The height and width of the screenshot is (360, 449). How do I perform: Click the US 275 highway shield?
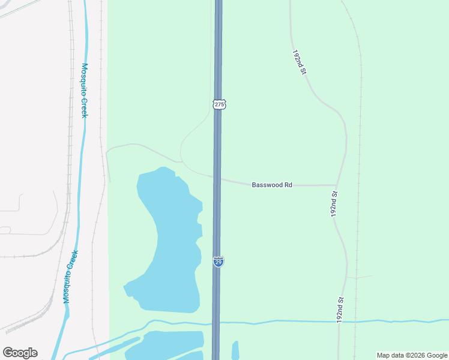219,104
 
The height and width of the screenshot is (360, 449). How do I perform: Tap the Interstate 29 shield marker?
218,262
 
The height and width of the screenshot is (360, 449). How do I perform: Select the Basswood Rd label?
271,185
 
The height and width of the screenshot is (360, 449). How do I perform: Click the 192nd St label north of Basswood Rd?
300,62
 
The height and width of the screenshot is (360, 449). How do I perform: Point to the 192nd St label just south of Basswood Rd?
335,204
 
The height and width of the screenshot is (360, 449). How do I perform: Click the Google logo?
20,353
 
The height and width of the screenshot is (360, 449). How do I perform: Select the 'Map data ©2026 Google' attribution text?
412,355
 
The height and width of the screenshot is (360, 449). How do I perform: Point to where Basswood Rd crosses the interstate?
217,178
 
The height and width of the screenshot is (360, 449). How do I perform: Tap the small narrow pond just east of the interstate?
235,350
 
